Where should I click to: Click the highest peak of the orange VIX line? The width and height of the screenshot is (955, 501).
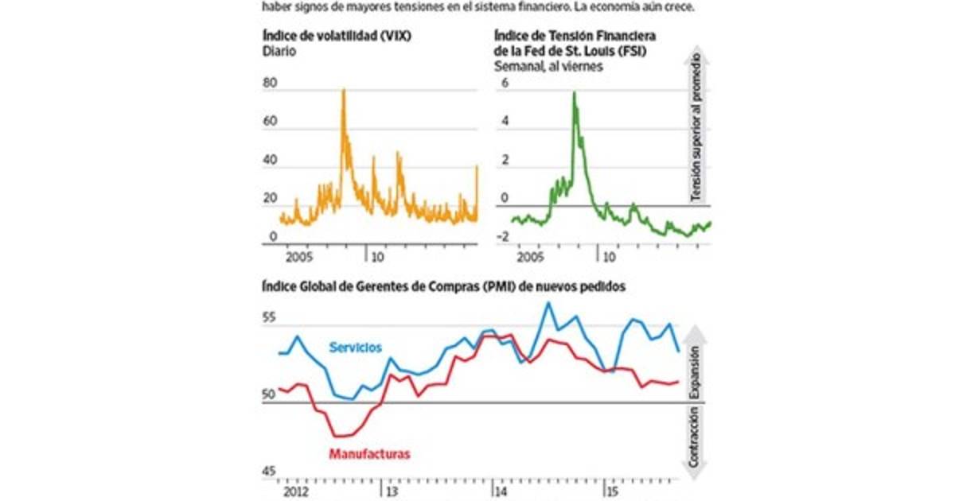point(344,90)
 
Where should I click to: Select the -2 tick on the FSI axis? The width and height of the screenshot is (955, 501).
point(504,236)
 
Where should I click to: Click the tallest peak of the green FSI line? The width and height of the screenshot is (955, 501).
point(574,93)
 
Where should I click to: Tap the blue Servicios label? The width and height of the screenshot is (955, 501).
point(355,348)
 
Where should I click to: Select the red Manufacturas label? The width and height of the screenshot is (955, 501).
point(369,454)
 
